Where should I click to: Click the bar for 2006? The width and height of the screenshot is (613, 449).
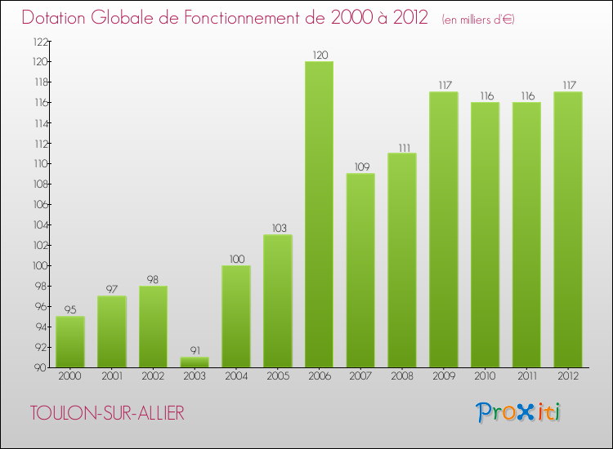pyautogui.click(x=319, y=214)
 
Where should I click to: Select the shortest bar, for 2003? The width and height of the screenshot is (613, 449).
pyautogui.click(x=195, y=362)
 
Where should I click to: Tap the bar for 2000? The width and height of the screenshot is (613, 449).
pyautogui.click(x=70, y=341)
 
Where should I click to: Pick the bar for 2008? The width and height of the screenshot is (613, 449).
pyautogui.click(x=402, y=260)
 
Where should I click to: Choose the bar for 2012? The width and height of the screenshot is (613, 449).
pyautogui.click(x=568, y=229)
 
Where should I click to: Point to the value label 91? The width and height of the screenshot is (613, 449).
pyautogui.click(x=195, y=350)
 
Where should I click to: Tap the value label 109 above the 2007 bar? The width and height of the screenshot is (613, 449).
pyautogui.click(x=360, y=167)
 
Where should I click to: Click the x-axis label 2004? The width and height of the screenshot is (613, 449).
pyautogui.click(x=236, y=376)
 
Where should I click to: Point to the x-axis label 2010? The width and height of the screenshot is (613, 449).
pyautogui.click(x=485, y=376)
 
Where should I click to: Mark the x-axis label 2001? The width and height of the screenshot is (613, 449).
pyautogui.click(x=112, y=376)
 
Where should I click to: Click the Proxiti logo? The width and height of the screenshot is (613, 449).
pyautogui.click(x=517, y=412)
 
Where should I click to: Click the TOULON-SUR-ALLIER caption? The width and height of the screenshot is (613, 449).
pyautogui.click(x=107, y=413)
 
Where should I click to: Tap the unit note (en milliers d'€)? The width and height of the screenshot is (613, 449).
pyautogui.click(x=478, y=19)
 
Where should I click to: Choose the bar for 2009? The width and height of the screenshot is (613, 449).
pyautogui.click(x=444, y=229)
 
